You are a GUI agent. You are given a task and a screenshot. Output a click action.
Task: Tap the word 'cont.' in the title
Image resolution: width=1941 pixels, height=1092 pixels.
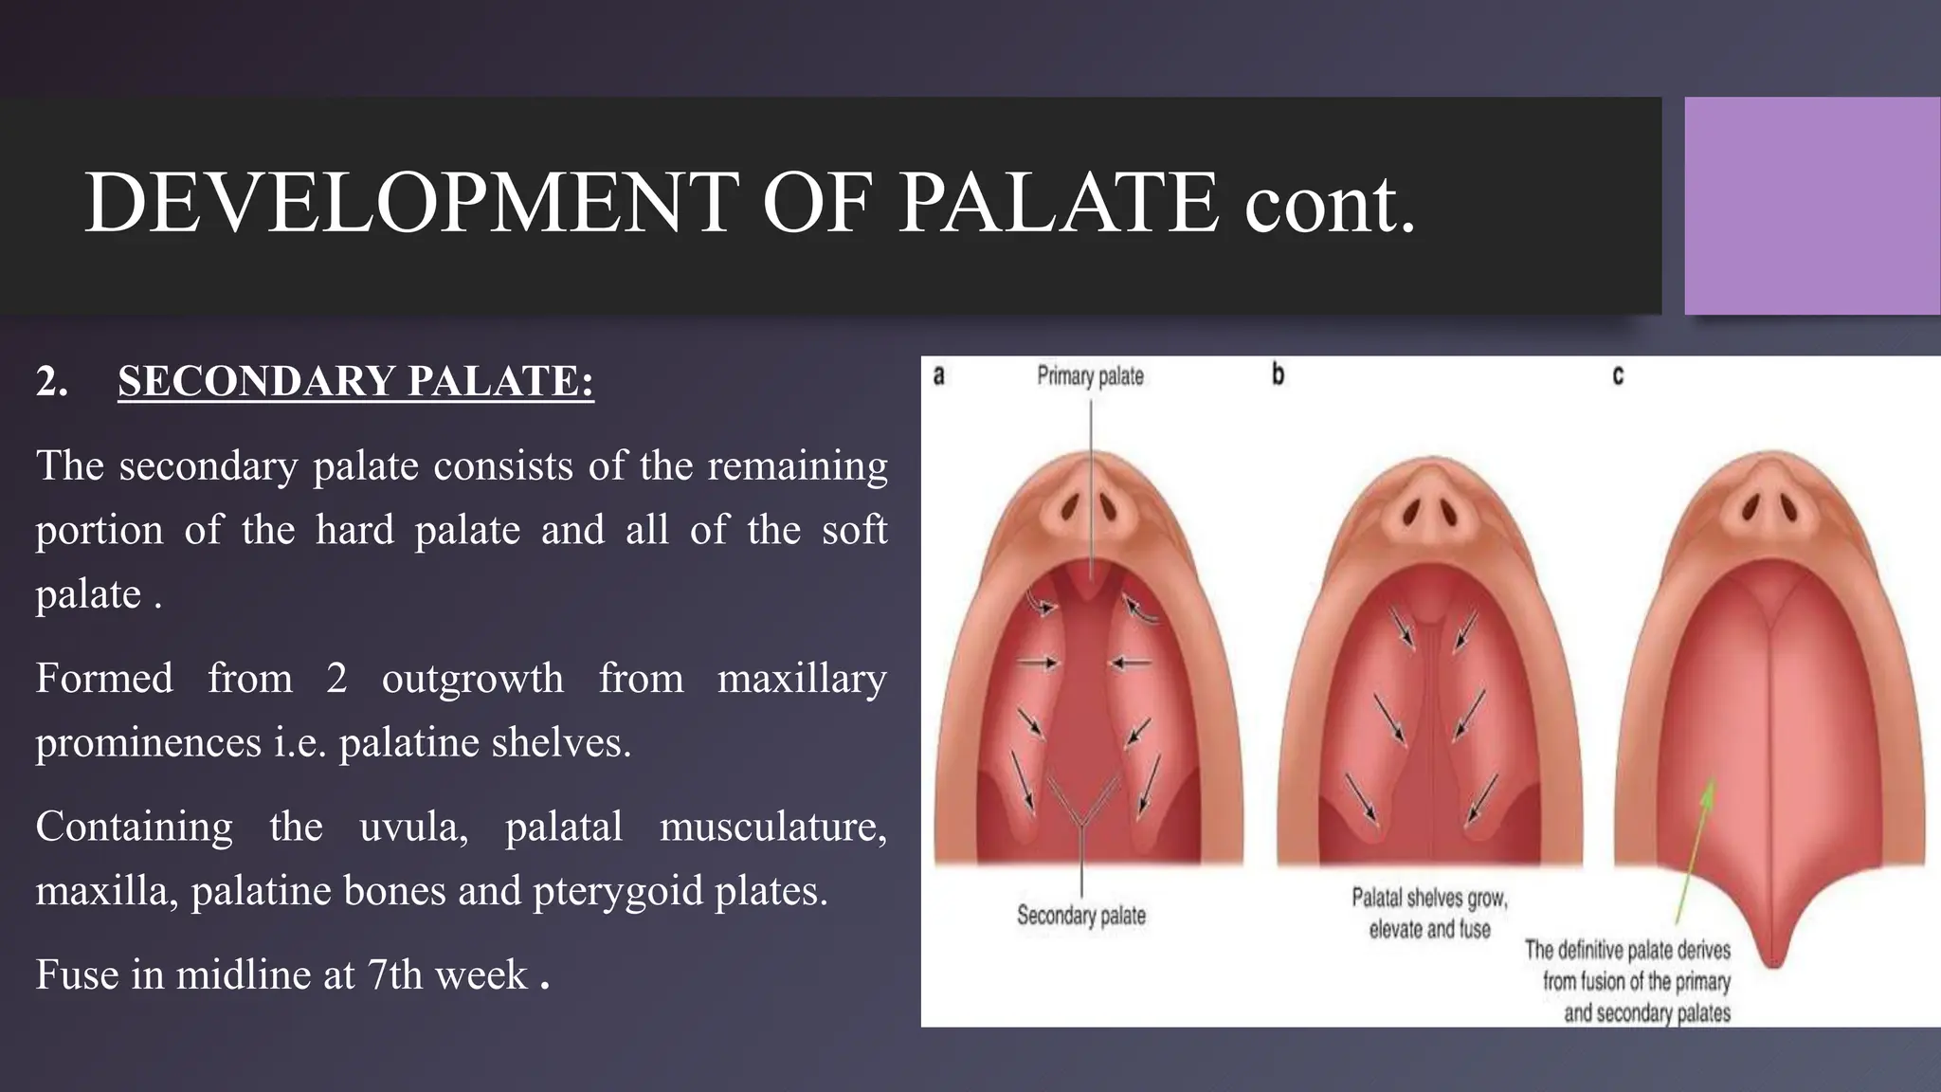coord(1329,203)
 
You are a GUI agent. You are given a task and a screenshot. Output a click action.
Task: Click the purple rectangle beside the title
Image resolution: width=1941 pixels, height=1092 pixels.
coord(1812,206)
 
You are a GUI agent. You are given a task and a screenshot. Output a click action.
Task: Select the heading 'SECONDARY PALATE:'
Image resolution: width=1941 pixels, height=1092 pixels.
coord(355,381)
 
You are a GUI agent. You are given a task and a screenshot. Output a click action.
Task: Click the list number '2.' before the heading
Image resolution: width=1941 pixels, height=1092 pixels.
coord(52,381)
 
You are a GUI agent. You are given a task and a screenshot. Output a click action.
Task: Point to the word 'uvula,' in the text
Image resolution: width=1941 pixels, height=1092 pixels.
coord(413,827)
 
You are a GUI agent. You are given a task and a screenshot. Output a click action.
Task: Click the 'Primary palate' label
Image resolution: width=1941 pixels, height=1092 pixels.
coord(1090,376)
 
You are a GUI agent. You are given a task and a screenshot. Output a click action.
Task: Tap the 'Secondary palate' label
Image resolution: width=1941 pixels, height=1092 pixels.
coord(1081,916)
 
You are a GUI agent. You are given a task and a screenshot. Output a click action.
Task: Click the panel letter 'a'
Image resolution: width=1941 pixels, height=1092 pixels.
coord(938,376)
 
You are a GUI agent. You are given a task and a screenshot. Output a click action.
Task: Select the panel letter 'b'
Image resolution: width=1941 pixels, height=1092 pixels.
coord(1278,375)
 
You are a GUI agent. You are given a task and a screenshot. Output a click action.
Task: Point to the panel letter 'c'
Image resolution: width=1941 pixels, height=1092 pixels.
coord(1618,376)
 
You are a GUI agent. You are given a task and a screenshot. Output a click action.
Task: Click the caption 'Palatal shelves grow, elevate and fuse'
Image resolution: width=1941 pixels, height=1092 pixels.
coord(1429,913)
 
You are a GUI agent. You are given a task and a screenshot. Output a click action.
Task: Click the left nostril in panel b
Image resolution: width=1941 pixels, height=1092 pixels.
coord(1410,514)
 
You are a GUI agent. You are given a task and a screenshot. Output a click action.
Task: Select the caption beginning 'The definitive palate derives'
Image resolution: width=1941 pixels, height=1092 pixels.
coord(1627,981)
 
